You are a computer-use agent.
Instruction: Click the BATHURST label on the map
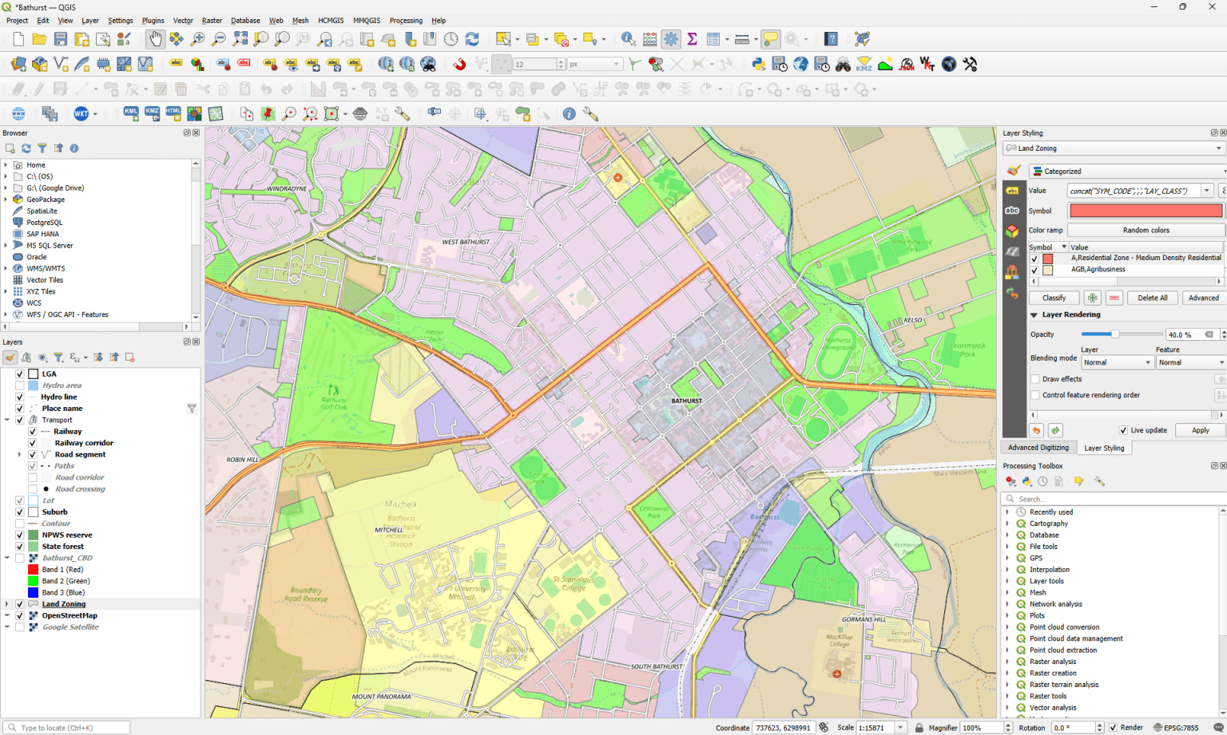[x=686, y=401]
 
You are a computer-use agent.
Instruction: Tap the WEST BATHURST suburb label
[x=466, y=242]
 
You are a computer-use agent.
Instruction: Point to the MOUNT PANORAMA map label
[x=381, y=697]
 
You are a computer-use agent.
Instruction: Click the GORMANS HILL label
[x=864, y=619]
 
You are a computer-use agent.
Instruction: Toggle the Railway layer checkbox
[x=33, y=432]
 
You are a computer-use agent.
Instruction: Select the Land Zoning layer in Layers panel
[x=63, y=604]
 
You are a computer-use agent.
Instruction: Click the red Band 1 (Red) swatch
[x=33, y=570]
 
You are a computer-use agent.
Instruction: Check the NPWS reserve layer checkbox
[x=20, y=535]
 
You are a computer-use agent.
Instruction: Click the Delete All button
[x=1152, y=298]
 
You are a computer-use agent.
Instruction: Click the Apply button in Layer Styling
[x=1200, y=430]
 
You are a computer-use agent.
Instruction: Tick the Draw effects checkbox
[x=1035, y=379]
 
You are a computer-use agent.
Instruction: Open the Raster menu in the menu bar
[x=212, y=21]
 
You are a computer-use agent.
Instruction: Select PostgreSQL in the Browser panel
[x=44, y=223]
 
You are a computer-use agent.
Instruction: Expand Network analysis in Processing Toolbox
[x=1007, y=604]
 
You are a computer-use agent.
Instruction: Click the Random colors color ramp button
[x=1146, y=230]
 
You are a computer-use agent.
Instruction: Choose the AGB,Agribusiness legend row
[x=1098, y=270]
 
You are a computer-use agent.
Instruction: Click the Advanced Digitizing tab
[x=1038, y=448]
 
